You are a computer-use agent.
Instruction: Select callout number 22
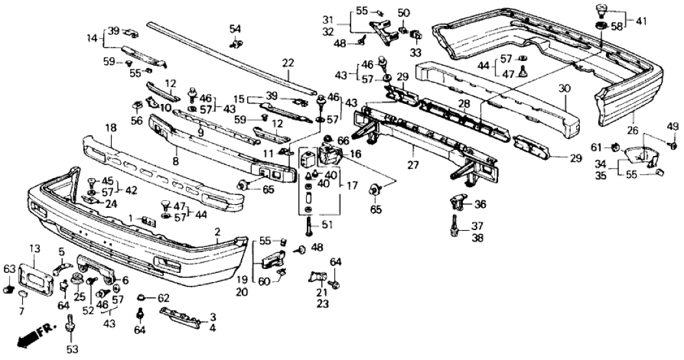287,64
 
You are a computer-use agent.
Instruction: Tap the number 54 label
235,29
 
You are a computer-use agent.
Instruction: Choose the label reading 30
563,88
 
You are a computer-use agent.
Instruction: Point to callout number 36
480,204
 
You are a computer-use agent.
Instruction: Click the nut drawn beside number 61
614,147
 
